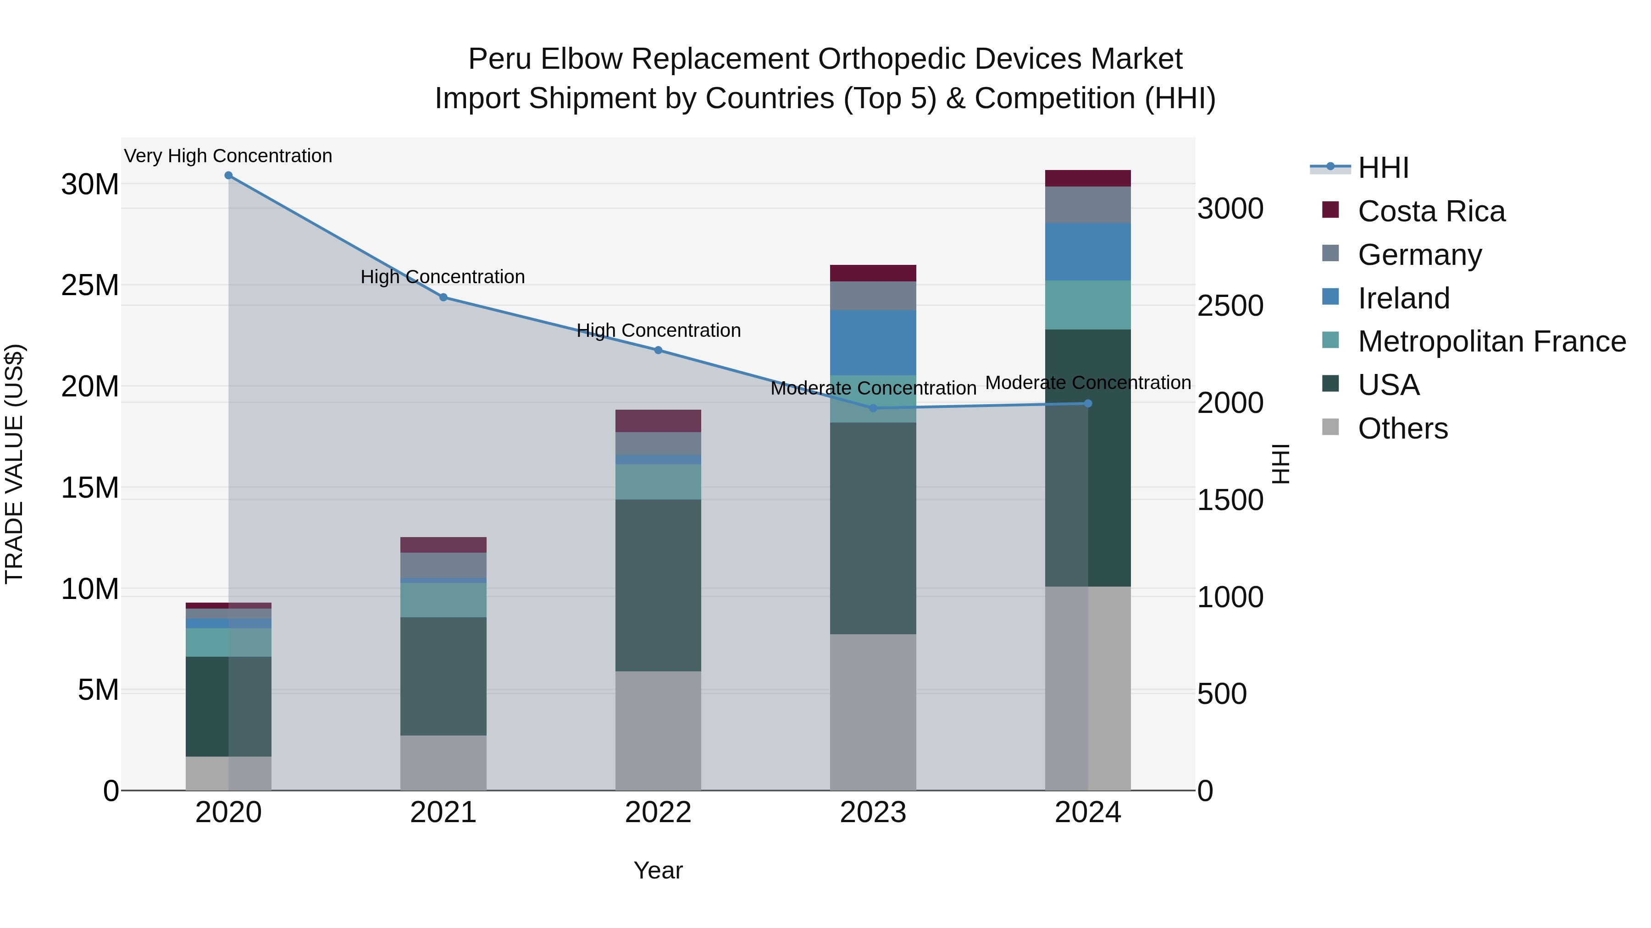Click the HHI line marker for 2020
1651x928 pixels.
pos(228,176)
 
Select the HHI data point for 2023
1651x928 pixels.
pos(872,408)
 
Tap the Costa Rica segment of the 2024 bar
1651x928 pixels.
pos(1088,178)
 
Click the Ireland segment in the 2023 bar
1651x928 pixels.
pos(872,343)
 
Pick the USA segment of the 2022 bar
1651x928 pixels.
pos(658,585)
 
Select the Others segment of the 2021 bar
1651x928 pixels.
pos(443,762)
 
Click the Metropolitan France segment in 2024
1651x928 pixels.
pos(1088,305)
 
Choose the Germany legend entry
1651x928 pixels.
pos(1419,255)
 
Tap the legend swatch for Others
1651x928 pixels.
pos(1330,427)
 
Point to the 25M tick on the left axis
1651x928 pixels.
pos(90,285)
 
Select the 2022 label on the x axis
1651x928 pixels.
pos(658,813)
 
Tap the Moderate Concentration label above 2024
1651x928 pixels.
pos(1088,382)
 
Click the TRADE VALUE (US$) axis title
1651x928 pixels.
pos(14,464)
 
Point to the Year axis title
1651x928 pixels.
pos(658,870)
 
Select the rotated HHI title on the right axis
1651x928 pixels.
pos(1280,464)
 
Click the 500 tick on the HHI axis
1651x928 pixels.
pos(1222,694)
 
